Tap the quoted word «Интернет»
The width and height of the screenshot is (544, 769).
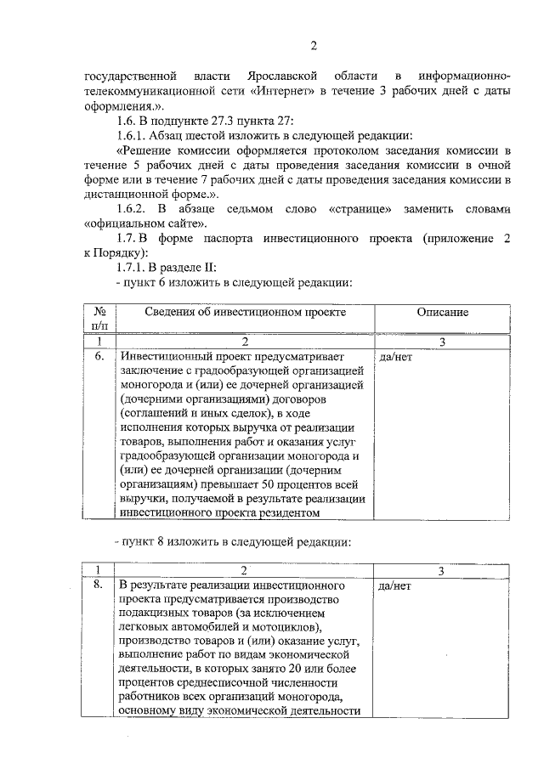click(281, 92)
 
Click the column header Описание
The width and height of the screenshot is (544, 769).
click(442, 313)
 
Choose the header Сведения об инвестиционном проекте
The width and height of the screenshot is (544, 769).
click(244, 313)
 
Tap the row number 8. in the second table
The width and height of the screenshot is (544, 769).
click(99, 585)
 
